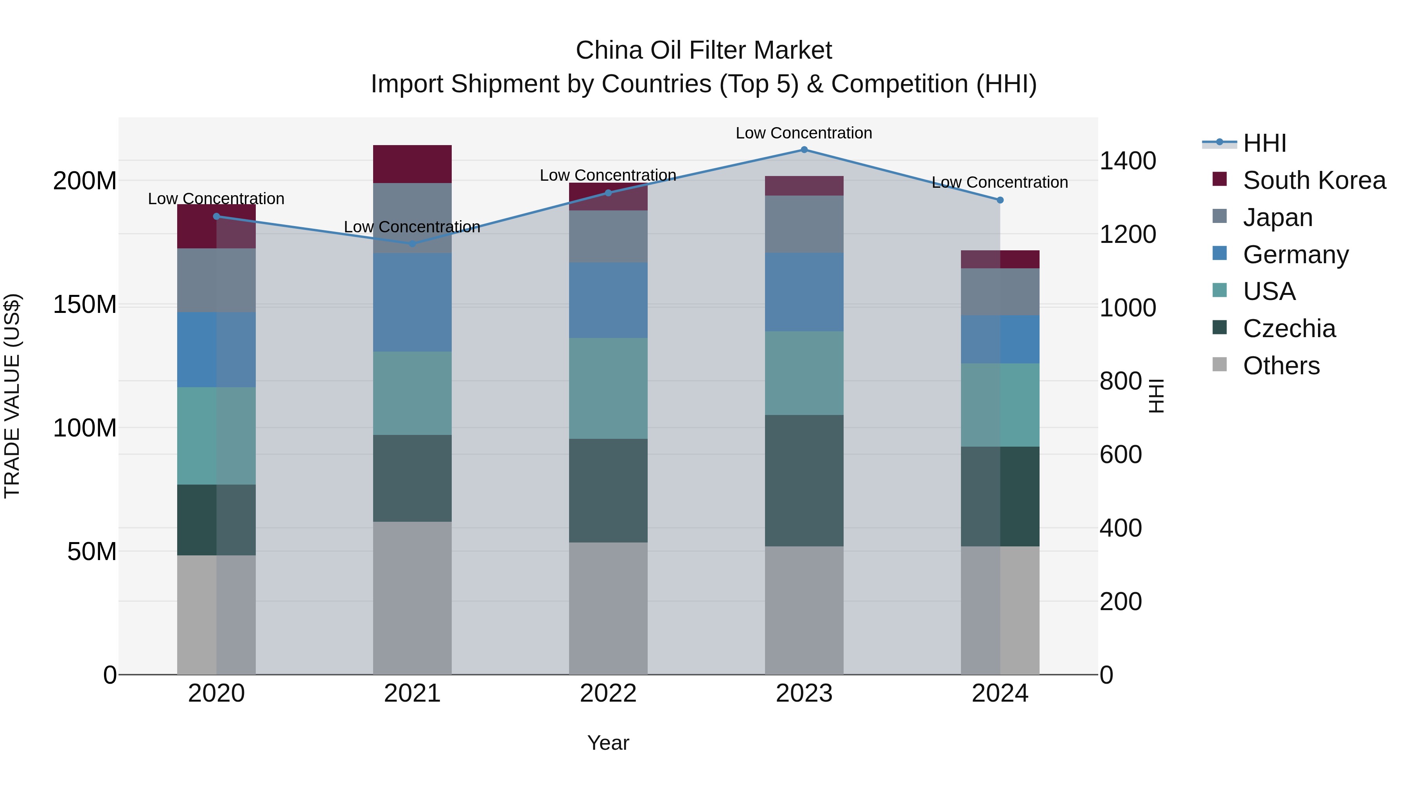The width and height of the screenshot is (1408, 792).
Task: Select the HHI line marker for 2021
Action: coord(412,244)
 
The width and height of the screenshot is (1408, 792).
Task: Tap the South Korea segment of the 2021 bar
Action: coord(412,164)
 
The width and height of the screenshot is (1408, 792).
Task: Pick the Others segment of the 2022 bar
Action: coord(608,608)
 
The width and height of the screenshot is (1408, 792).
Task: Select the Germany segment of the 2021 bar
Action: coord(412,302)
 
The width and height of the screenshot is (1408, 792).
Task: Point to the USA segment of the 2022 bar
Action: coord(608,388)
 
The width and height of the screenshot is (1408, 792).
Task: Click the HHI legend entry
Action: coord(1264,143)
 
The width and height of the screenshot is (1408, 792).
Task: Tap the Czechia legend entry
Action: coord(1289,329)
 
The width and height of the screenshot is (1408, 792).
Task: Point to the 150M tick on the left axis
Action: coord(85,304)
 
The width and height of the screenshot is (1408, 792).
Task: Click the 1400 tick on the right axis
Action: coord(1127,161)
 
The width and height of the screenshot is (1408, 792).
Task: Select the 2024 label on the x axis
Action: coord(1000,693)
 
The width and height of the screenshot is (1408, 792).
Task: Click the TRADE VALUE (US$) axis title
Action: coord(12,396)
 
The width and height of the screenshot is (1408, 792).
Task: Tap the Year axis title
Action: coord(608,743)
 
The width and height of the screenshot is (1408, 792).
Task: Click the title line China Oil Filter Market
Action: coord(704,50)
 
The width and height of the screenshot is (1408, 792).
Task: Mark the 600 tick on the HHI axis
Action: coord(1120,455)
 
